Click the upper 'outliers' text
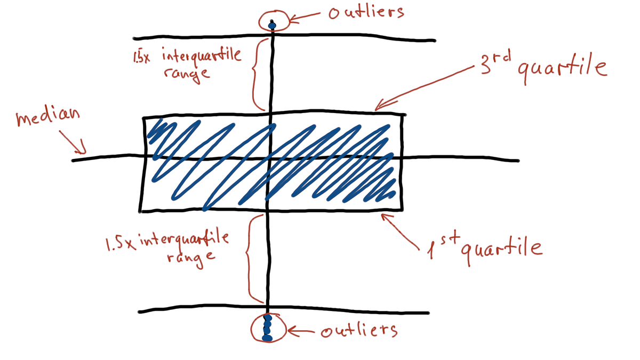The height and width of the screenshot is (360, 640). [366, 12]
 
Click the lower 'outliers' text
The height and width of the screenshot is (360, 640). [359, 331]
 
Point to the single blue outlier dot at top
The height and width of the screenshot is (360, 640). [273, 25]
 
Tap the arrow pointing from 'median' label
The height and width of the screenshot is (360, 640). [74, 141]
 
